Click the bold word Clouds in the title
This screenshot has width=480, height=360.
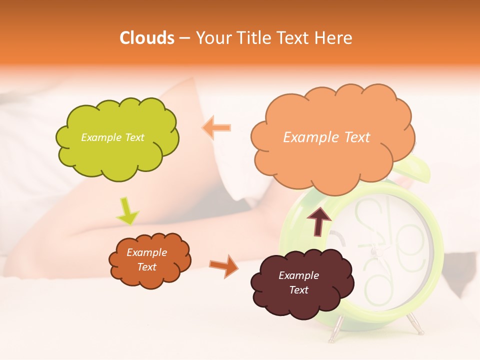(146, 38)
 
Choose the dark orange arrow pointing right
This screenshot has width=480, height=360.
(223, 265)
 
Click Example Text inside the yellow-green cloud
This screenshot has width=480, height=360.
(112, 137)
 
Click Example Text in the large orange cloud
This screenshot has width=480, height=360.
(326, 137)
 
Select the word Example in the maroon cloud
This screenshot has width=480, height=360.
(298, 275)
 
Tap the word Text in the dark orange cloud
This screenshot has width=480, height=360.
(146, 267)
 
